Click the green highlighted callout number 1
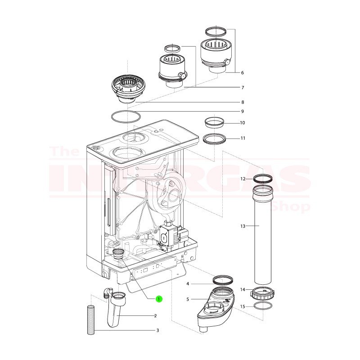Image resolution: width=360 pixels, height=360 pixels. (159, 299)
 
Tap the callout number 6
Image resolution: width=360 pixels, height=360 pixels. (242, 72)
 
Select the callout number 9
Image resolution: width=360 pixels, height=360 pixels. (243, 111)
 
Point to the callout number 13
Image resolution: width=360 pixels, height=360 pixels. (243, 226)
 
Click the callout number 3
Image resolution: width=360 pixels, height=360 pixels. (158, 330)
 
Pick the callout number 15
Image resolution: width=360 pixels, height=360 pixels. (243, 306)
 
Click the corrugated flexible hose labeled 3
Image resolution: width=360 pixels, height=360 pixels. (91, 319)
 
